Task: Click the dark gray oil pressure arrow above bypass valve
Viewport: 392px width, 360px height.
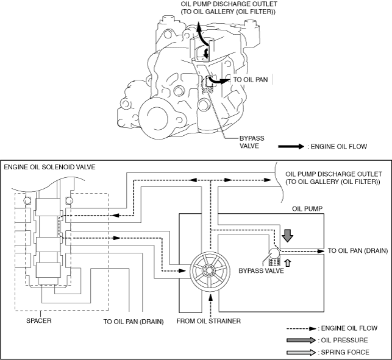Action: [x=288, y=235]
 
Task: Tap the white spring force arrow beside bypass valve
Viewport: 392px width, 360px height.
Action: [x=288, y=262]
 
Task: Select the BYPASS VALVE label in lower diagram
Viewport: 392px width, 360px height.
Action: [x=261, y=270]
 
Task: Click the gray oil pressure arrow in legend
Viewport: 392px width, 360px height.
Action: [x=303, y=340]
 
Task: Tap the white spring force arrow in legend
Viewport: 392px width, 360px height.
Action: [x=303, y=352]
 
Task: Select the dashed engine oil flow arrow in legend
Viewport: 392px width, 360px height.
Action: [x=303, y=328]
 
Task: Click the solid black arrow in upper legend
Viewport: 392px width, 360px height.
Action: [x=291, y=146]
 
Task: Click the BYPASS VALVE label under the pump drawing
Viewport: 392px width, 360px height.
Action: [x=231, y=142]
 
